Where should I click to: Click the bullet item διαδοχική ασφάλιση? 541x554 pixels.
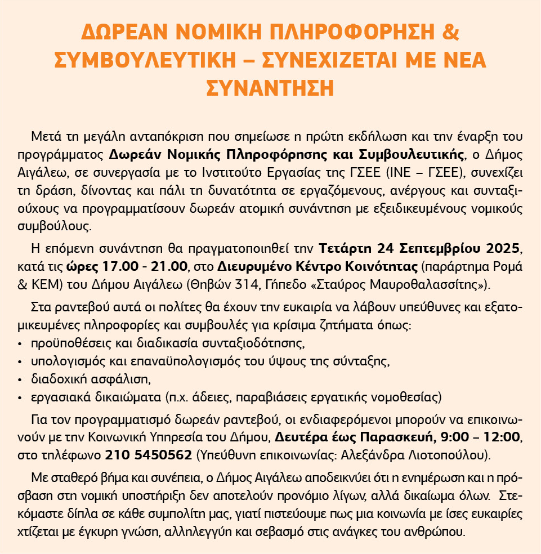coord(85,378)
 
